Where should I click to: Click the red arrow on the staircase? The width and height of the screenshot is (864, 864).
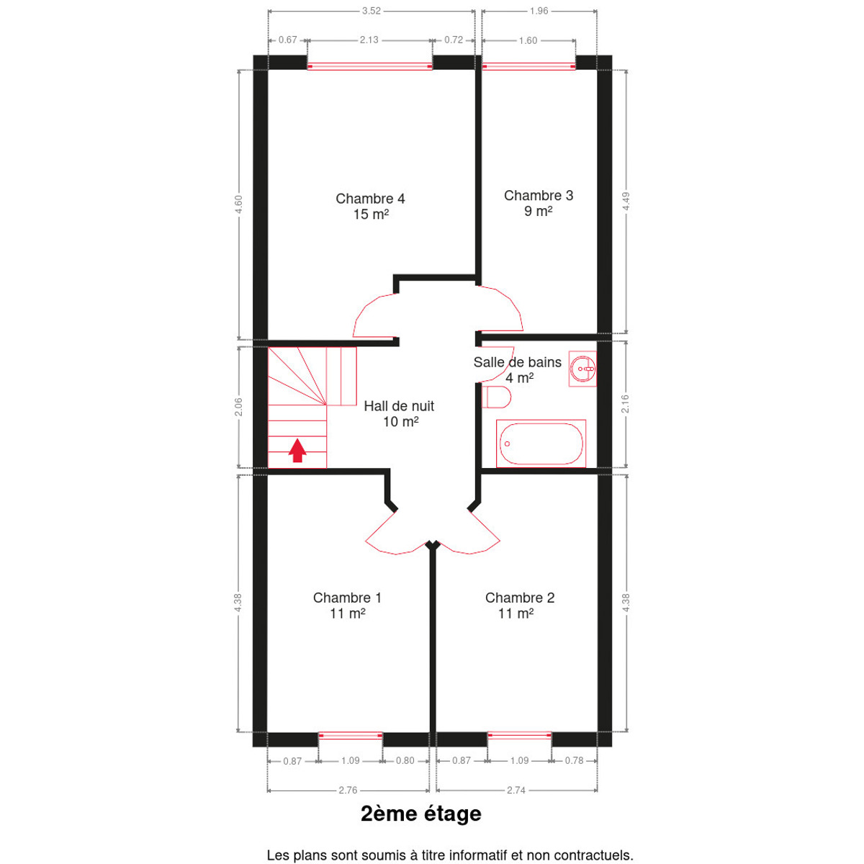pos(297,450)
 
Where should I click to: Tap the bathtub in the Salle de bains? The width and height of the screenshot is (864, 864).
pos(541,444)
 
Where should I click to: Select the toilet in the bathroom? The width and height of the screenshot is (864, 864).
pos(497,397)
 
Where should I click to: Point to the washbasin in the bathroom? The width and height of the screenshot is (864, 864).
pos(582,369)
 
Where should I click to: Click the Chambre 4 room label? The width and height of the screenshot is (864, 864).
pos(370,206)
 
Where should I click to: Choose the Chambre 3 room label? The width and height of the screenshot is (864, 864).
pos(539,203)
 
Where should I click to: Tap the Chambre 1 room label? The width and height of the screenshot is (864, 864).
pos(348,606)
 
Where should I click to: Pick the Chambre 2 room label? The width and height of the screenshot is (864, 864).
pos(520,606)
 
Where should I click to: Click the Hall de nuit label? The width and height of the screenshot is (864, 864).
pos(399,413)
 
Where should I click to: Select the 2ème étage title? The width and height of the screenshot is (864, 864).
pos(421,814)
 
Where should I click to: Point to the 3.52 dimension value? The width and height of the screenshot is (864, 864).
pos(372,11)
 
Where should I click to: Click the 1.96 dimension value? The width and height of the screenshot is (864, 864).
pos(539,11)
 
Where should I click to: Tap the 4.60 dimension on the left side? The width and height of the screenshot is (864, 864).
pos(238,204)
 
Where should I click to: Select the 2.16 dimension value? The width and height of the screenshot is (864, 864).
pos(626,404)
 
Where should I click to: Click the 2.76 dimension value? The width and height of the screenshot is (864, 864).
pos(348,790)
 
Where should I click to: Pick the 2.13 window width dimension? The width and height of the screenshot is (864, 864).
pos(369,40)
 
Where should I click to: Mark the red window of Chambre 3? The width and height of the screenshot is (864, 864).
pos(529,66)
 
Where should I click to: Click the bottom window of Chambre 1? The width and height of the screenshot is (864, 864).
pos(350,736)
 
